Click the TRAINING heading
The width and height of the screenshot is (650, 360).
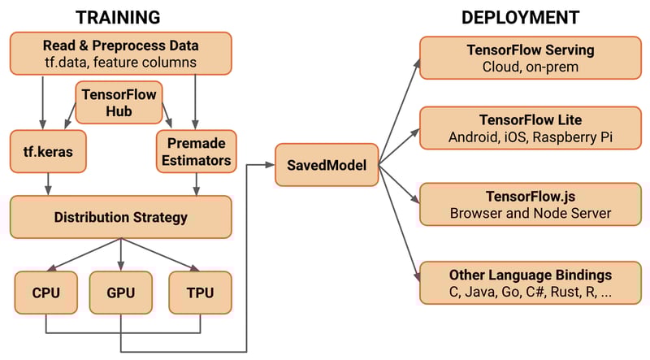pyautogui.click(x=119, y=16)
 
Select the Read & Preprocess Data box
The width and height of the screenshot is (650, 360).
pyautogui.click(x=120, y=51)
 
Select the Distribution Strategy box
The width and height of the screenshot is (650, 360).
pyautogui.click(x=120, y=217)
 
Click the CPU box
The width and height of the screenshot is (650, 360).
pyautogui.click(x=45, y=292)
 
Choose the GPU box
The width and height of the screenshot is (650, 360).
pyautogui.click(x=120, y=292)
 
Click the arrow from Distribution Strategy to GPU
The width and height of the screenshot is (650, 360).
pyautogui.click(x=120, y=254)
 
